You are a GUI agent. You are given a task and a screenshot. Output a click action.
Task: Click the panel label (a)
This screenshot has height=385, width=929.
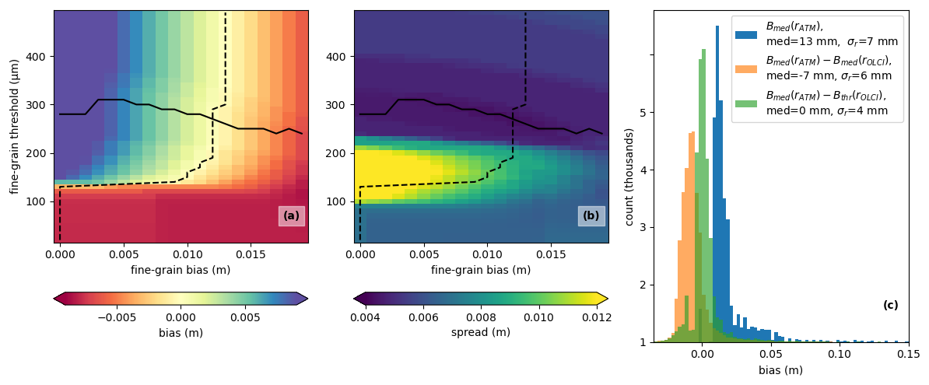pyautogui.click(x=291, y=216)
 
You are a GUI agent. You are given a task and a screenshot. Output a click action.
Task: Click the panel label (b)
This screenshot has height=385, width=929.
pyautogui.click(x=591, y=216)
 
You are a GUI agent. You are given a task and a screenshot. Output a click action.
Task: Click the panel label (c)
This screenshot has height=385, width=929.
pyautogui.click(x=890, y=306)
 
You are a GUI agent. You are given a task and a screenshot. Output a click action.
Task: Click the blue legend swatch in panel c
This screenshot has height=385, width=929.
pyautogui.click(x=745, y=34)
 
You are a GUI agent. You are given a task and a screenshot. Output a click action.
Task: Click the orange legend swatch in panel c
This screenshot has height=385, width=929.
pyautogui.click(x=745, y=68)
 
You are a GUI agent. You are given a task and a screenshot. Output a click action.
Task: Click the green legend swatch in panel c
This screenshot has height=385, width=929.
pyautogui.click(x=745, y=103)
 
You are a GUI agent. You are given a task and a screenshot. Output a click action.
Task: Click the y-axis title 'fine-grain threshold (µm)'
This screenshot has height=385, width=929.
pyautogui.click(x=14, y=126)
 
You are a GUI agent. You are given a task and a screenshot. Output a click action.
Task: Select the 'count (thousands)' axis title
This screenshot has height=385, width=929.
pyautogui.click(x=629, y=177)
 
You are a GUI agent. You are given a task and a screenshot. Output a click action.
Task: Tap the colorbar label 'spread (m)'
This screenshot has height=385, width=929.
pyautogui.click(x=481, y=333)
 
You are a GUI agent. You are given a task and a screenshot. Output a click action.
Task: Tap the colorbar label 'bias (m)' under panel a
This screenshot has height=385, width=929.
pyautogui.click(x=181, y=333)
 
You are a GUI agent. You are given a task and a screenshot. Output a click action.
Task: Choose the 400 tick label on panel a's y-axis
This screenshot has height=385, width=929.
pyautogui.click(x=37, y=56)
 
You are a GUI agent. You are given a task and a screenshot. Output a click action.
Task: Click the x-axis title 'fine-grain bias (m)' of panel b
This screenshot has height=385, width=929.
pyautogui.click(x=481, y=270)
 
